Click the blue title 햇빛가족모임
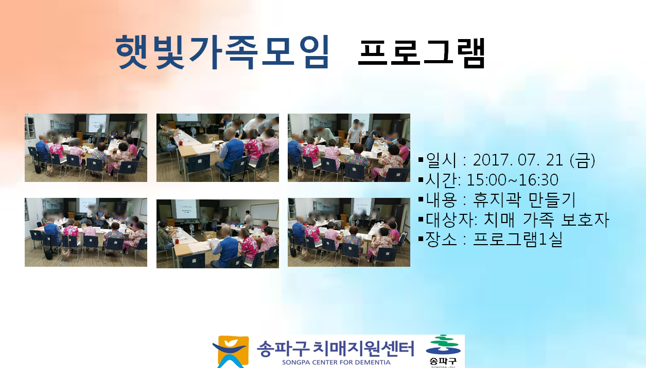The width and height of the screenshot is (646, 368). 222,52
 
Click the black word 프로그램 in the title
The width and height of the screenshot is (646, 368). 422,53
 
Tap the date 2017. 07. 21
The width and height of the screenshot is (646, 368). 518,160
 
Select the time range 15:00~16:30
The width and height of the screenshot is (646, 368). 512,180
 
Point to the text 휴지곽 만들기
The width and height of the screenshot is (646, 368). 524,199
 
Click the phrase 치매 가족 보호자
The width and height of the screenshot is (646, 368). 546,219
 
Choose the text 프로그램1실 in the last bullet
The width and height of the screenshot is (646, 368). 518,240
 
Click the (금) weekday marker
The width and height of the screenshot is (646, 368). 582,160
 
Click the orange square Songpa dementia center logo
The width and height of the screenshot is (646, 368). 231,352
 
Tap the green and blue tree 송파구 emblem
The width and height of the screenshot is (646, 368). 443,351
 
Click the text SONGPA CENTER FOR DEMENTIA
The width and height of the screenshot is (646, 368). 336,362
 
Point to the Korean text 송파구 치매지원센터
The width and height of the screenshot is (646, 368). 335,348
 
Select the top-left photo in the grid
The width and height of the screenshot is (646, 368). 86,148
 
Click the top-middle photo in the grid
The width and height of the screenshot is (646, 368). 218,148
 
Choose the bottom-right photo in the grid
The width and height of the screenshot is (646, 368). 349,232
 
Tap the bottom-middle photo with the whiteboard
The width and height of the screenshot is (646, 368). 218,234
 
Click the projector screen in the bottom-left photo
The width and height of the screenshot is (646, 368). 88,205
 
